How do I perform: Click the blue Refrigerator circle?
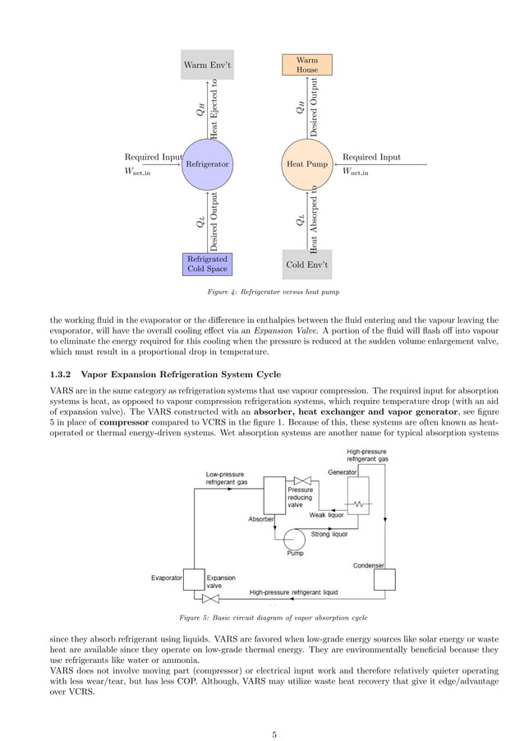[x=207, y=164]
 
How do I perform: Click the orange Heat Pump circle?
[x=306, y=164]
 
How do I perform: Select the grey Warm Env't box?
[x=207, y=65]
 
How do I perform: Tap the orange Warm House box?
[x=306, y=65]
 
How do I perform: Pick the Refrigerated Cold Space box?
[x=207, y=264]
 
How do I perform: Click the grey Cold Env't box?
[x=306, y=265]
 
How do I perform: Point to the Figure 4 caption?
[x=262, y=292]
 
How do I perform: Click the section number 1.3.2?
[x=62, y=374]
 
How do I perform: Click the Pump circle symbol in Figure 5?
[x=294, y=538]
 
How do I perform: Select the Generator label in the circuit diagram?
[x=342, y=472]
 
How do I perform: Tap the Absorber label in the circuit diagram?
[x=261, y=519]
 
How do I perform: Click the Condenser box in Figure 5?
[x=384, y=579]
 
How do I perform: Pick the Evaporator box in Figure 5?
[x=193, y=578]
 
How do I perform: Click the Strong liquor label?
[x=330, y=535]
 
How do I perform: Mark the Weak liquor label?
[x=326, y=515]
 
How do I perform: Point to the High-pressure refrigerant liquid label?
[x=293, y=591]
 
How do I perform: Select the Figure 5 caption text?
[x=262, y=617]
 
